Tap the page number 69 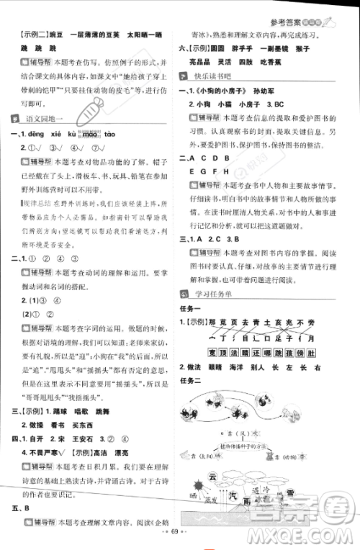click(x=179, y=541)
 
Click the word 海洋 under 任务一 click(x=246, y=367)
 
